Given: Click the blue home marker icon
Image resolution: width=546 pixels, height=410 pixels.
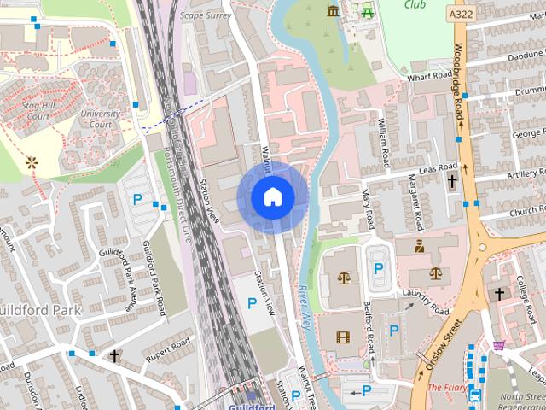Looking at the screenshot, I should tap(273, 196).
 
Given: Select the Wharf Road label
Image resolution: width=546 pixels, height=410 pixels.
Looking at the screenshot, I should tap(428, 76).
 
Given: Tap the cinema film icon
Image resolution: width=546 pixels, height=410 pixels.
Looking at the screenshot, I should tap(343, 337).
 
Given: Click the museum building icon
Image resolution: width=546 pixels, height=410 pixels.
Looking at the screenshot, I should tap(332, 10).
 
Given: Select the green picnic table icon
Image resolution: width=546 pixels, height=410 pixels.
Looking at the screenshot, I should tap(368, 12).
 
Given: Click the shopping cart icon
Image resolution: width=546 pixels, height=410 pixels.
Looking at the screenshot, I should tap(498, 345).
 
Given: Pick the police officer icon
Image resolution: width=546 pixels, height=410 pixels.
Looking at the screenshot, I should tap(420, 247).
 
